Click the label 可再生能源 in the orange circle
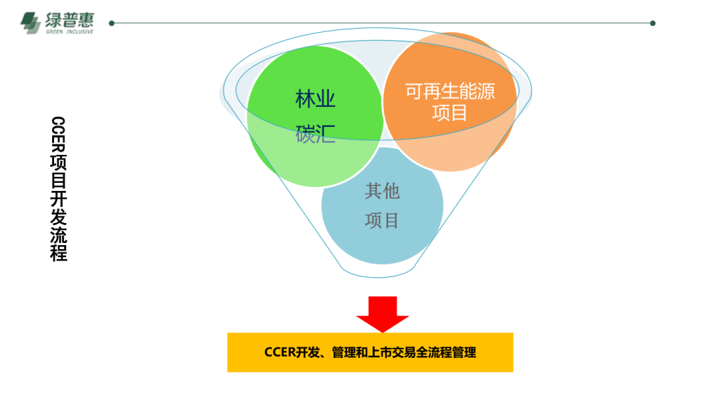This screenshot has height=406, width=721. pyautogui.click(x=450, y=91)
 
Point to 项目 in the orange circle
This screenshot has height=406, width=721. pyautogui.click(x=450, y=113)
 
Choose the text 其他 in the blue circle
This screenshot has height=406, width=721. pyautogui.click(x=382, y=192)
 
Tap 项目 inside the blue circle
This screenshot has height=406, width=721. pyautogui.click(x=382, y=220)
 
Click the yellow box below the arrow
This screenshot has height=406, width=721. pyautogui.click(x=370, y=352)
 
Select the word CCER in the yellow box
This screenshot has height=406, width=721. pyautogui.click(x=279, y=352)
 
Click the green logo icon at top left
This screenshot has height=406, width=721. pyautogui.click(x=31, y=23)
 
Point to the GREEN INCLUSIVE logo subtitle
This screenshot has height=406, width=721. pyautogui.click(x=69, y=31)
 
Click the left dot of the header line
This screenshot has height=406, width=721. pyautogui.click(x=111, y=23)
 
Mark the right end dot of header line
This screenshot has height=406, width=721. pyautogui.click(x=652, y=23)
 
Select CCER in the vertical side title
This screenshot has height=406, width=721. pyautogui.click(x=59, y=136)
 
